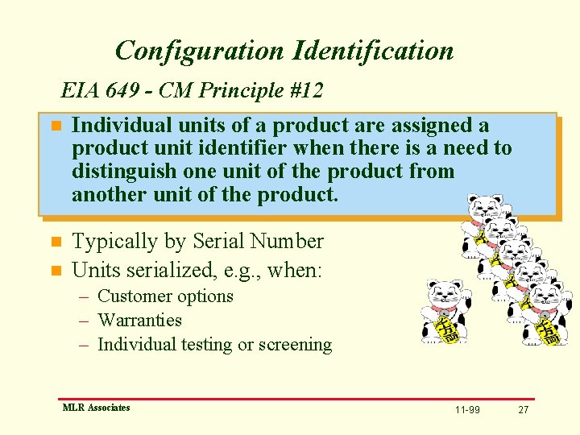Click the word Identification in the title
pyautogui.click(x=374, y=51)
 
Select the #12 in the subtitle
pyautogui.click(x=304, y=90)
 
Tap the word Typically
pyautogui.click(x=116, y=242)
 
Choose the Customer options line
pyautogui.click(x=165, y=296)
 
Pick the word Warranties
pyautogui.click(x=139, y=321)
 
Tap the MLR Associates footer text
pyautogui.click(x=96, y=408)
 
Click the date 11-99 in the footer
pyautogui.click(x=467, y=410)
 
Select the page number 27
pyautogui.click(x=523, y=410)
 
